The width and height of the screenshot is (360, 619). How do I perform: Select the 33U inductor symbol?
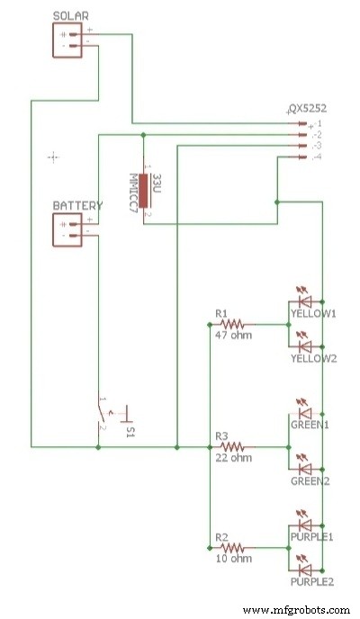click(x=144, y=192)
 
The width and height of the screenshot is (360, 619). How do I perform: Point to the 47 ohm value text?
click(x=233, y=336)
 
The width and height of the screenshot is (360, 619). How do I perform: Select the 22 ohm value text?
click(x=233, y=459)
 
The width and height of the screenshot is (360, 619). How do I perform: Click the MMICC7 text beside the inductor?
click(x=132, y=192)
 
